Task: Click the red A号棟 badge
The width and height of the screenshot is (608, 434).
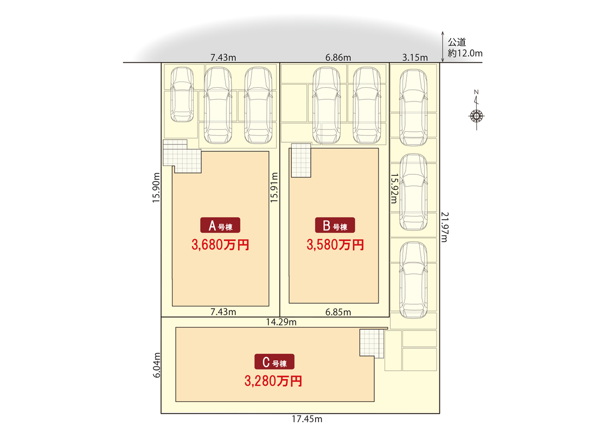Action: pyautogui.click(x=220, y=226)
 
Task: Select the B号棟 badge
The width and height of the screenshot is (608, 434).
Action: pyautogui.click(x=335, y=226)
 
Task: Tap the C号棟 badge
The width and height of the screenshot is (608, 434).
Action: pyautogui.click(x=274, y=362)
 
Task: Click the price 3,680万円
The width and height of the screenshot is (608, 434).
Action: pyautogui.click(x=220, y=245)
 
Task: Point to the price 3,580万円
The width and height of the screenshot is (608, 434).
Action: pyautogui.click(x=335, y=245)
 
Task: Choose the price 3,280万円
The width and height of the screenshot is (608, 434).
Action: pyautogui.click(x=273, y=381)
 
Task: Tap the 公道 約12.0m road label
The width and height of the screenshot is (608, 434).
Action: pyautogui.click(x=465, y=47)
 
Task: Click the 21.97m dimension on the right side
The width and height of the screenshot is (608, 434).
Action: pyautogui.click(x=445, y=227)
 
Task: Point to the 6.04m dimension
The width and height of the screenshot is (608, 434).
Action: pyautogui.click(x=157, y=367)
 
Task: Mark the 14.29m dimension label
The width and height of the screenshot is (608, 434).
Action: pyautogui.click(x=281, y=322)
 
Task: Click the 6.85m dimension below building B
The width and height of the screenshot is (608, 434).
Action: pyautogui.click(x=338, y=311)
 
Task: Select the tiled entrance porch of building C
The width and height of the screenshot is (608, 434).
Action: pyautogui.click(x=372, y=343)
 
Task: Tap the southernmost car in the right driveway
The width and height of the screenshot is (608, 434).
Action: pyautogui.click(x=414, y=280)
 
